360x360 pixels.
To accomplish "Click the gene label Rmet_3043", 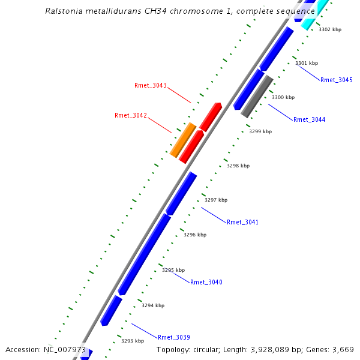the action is tap(151, 85).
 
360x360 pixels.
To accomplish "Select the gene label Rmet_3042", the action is tap(131, 115).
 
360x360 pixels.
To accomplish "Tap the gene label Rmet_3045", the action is tap(337, 80).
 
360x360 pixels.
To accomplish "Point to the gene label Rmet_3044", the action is tap(310, 119).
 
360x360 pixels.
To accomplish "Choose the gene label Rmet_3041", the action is tap(243, 222).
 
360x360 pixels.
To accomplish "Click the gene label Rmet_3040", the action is tap(206, 282).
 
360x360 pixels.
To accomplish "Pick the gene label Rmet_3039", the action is tap(174, 337).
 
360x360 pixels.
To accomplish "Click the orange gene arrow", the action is tap(183, 140).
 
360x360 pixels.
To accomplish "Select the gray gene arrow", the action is tap(257, 96).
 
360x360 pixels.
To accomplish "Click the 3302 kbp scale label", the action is tap(330, 29).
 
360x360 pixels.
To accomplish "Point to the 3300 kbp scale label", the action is tap(283, 97).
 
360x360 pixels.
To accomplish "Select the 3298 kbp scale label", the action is tap(238, 166).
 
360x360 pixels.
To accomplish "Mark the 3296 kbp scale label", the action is tap(195, 235).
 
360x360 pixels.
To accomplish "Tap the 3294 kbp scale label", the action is tap(153, 305).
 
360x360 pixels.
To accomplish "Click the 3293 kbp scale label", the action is tap(133, 341).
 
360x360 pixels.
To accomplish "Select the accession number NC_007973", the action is tap(64, 349).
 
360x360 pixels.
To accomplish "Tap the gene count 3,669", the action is tap(343, 349).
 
